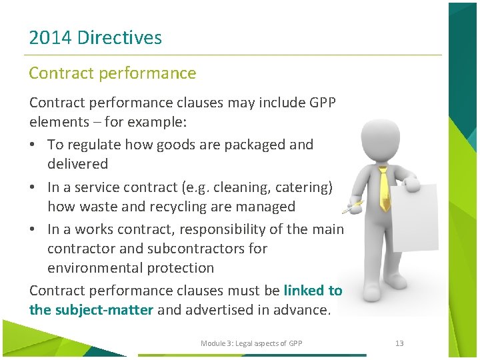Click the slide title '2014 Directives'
pyautogui.click(x=95, y=37)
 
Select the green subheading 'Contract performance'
pyautogui.click(x=113, y=73)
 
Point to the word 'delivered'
pyautogui.click(x=77, y=164)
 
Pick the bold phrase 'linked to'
pyautogui.click(x=313, y=291)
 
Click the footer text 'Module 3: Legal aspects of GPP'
pyautogui.click(x=251, y=343)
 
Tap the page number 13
pyautogui.click(x=399, y=343)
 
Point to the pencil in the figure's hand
pyautogui.click(x=352, y=207)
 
